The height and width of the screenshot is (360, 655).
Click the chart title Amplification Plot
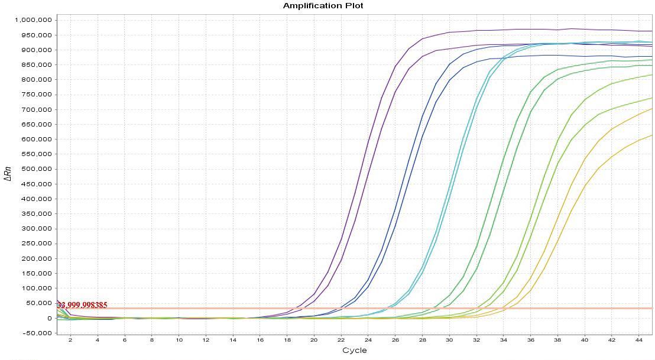(x=323, y=6)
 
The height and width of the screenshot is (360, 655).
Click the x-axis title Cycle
(x=354, y=351)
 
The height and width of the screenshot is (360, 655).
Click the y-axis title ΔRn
(x=8, y=173)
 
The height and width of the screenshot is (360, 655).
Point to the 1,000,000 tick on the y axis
(x=33, y=20)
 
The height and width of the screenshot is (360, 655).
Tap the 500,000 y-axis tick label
(x=35, y=169)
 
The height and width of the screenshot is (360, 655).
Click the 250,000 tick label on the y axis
(x=35, y=244)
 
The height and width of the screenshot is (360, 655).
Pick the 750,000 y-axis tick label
(x=35, y=95)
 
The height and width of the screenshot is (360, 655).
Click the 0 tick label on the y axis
(x=49, y=318)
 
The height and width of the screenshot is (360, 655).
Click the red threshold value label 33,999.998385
(x=82, y=305)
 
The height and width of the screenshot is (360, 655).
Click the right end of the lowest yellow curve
(x=651, y=135)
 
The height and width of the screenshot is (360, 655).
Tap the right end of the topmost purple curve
(x=651, y=31)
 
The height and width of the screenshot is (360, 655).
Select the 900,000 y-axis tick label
(x=35, y=50)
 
